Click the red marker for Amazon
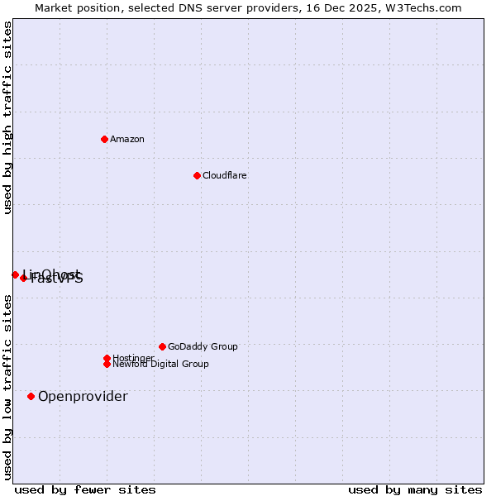[x=104, y=139]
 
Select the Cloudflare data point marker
[x=197, y=175]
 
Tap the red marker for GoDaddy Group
[x=162, y=346]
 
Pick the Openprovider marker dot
[x=31, y=396]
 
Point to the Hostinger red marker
[x=107, y=358]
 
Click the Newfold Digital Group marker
[x=107, y=364]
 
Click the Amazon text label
[x=127, y=139]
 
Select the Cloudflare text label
[x=225, y=175]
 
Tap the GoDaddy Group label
[x=203, y=346]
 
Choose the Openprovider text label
[x=83, y=396]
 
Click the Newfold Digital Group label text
[x=161, y=364]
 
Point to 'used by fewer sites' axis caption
[x=85, y=489]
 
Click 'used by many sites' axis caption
[x=415, y=489]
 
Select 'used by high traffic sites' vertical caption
[x=7, y=117]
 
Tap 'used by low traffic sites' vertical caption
[x=7, y=387]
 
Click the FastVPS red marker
[x=23, y=278]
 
